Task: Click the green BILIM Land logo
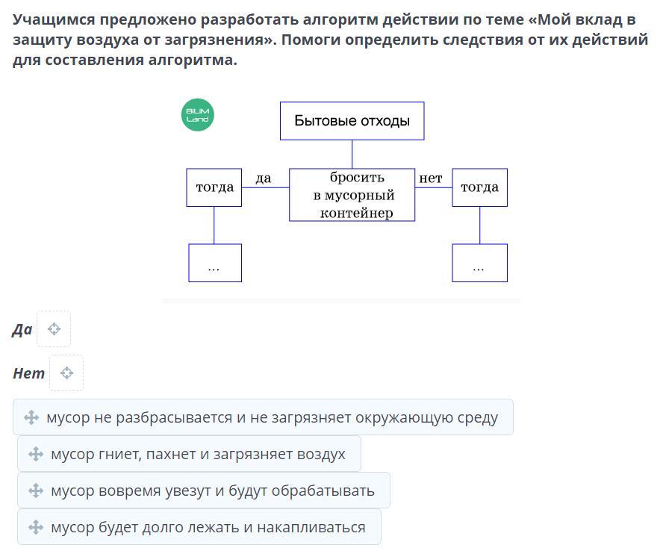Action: coord(197,114)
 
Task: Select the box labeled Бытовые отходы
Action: coord(352,121)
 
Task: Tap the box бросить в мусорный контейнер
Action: coord(352,195)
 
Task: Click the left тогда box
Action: coord(214,187)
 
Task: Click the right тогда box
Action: coord(479,187)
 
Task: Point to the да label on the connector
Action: coord(263,178)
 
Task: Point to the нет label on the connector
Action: coord(431,178)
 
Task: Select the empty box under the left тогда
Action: coord(215,263)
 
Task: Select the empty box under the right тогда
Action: coord(479,263)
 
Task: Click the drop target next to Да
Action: coord(54,329)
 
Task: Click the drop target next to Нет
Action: coord(66,373)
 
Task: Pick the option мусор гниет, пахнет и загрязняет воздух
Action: coord(189,454)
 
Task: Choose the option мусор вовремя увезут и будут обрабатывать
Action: coord(203,491)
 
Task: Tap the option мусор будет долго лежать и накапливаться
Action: coord(199,527)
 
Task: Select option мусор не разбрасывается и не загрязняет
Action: coord(263,417)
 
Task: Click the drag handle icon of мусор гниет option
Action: coord(36,455)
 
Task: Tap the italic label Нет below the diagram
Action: coord(29,373)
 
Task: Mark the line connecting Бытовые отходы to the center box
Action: coord(352,155)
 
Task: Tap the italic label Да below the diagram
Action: coord(22,330)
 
